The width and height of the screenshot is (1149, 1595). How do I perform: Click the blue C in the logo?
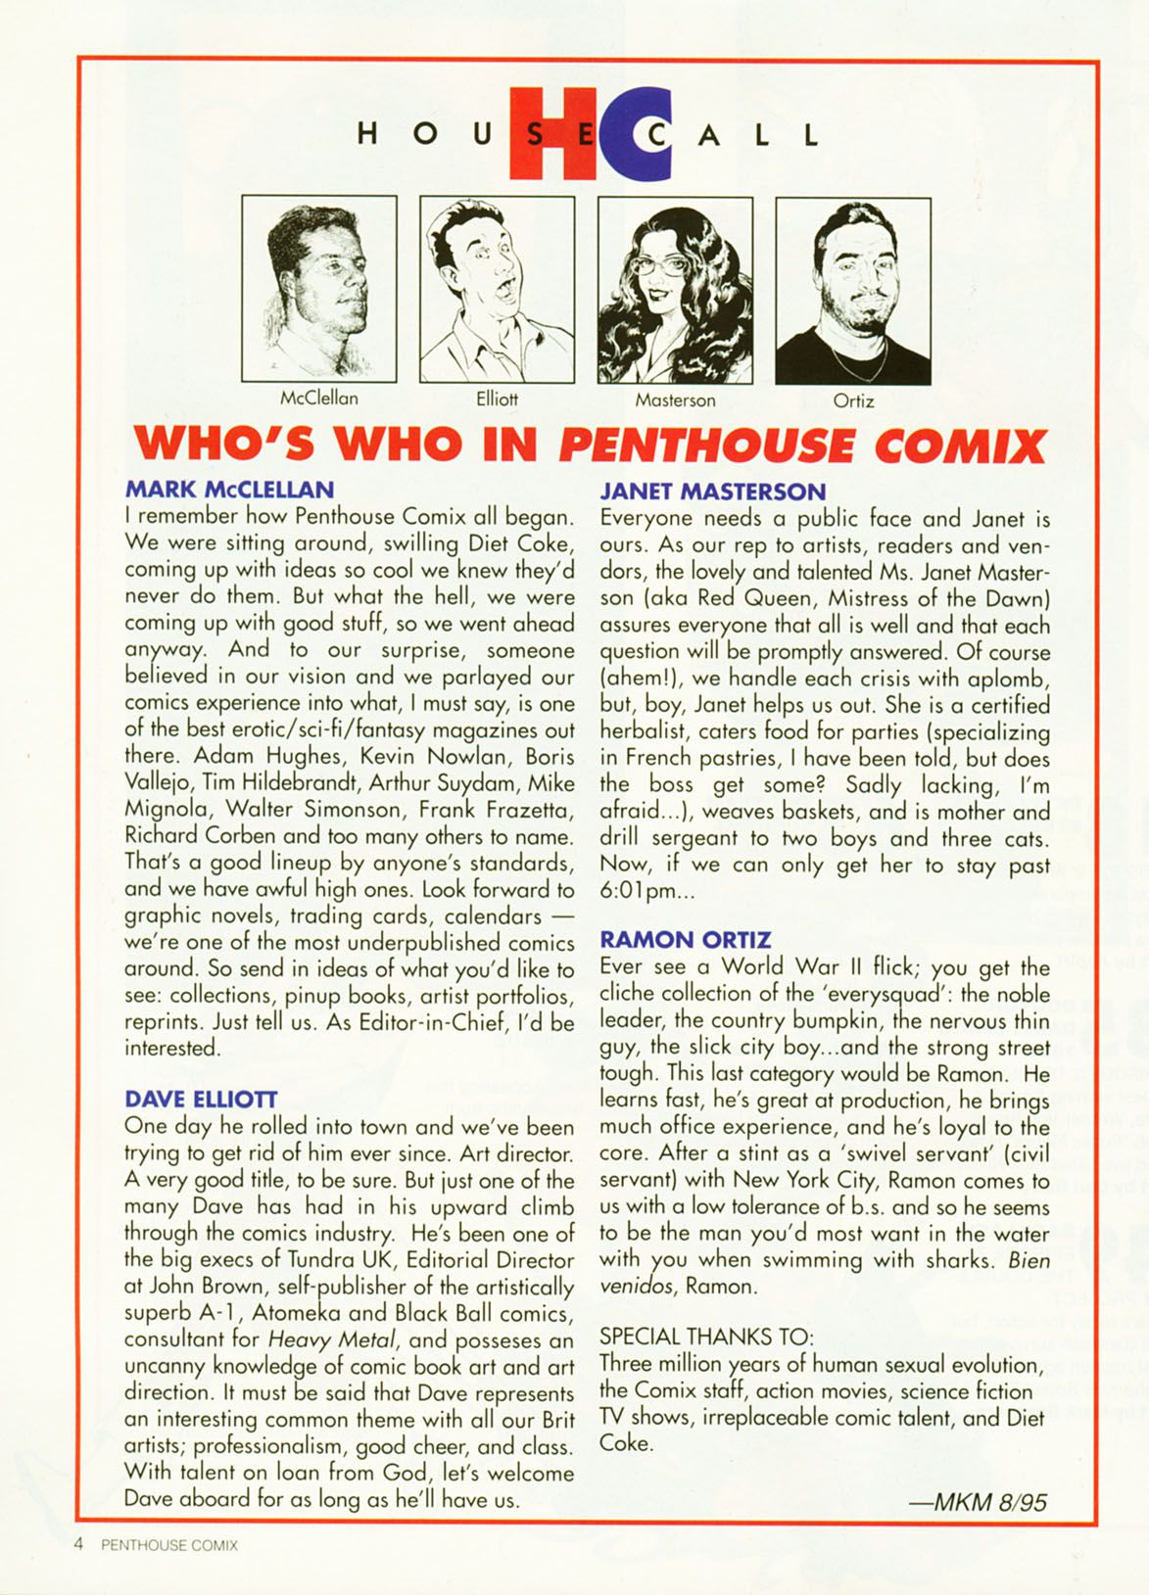642,132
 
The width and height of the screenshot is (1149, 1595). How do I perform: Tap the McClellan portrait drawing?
319,288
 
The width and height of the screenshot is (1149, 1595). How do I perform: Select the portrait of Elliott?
497,288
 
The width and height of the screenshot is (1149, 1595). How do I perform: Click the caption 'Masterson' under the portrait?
675,399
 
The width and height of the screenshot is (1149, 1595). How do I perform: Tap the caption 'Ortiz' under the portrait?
853,400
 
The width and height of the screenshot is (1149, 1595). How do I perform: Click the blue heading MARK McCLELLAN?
230,489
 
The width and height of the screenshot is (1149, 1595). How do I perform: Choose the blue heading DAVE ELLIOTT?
202,1100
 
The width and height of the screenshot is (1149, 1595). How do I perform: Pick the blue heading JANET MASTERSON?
713,491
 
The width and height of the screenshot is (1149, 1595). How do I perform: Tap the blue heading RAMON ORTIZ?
686,940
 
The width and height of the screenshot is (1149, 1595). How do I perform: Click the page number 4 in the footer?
78,1544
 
